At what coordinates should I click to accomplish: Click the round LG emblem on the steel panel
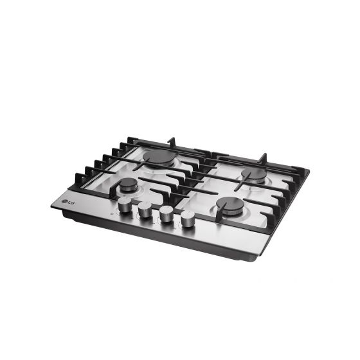click(64, 202)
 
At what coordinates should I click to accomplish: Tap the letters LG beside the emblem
click(71, 203)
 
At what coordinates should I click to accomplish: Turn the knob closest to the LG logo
click(124, 204)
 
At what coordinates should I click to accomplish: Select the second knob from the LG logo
click(145, 209)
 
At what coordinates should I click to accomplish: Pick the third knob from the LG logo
click(166, 213)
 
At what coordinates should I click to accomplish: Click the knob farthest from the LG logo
click(188, 219)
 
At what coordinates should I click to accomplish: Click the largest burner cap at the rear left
click(159, 157)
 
